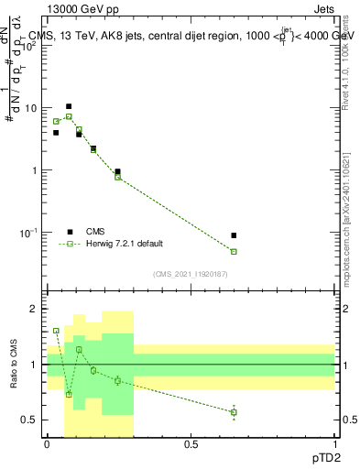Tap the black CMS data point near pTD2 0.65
click(234, 235)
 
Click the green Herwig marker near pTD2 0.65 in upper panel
click(234, 251)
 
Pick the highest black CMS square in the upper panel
click(68, 106)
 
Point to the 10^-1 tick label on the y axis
click(29, 233)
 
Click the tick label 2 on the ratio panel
click(37, 309)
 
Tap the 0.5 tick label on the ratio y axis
click(32, 420)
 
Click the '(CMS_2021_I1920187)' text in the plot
click(191, 273)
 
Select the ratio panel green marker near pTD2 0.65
click(234, 412)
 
